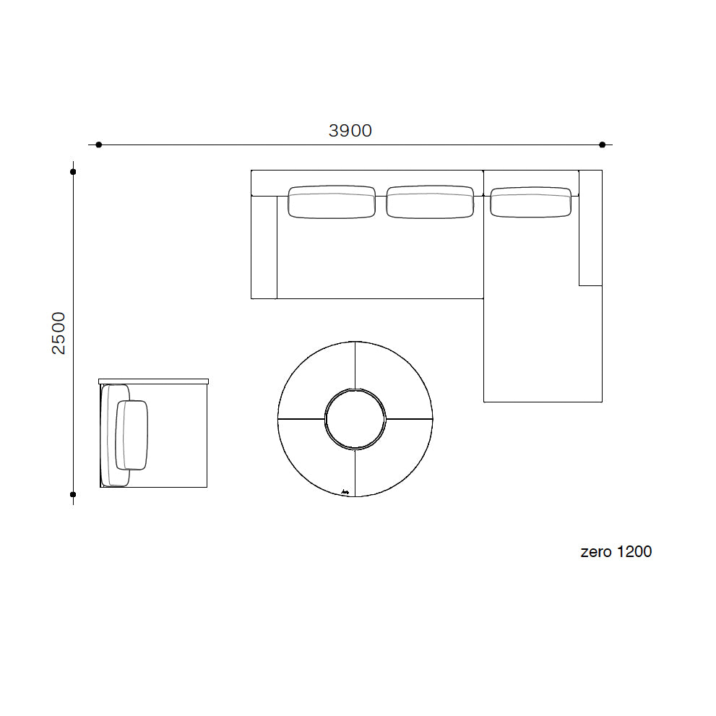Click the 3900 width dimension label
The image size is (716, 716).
point(350,131)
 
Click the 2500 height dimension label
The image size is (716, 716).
point(59,333)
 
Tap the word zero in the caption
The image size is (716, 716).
point(596,551)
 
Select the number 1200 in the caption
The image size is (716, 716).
point(634,551)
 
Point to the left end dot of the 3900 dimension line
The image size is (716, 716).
point(99,145)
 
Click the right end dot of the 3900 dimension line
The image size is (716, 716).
point(603,145)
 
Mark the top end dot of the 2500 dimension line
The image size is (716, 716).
point(73,172)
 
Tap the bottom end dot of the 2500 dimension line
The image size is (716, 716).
point(73,494)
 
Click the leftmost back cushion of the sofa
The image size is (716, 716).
point(332,202)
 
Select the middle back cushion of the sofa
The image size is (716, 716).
point(430,202)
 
